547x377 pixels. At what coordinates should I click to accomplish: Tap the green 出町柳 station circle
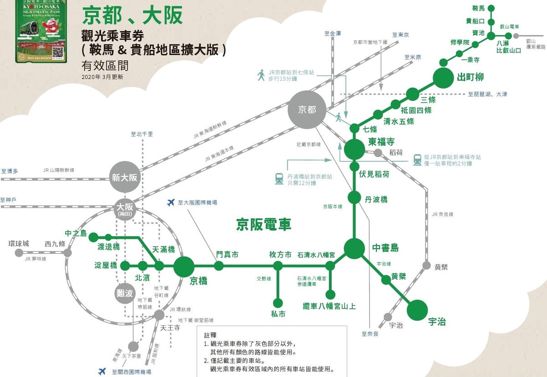point(445,78)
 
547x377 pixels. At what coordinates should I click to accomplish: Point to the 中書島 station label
point(385,248)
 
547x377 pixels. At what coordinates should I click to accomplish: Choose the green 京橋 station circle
point(184,266)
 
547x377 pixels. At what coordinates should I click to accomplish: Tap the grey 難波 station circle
point(125,294)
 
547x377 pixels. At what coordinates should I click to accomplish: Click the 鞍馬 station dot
point(491,9)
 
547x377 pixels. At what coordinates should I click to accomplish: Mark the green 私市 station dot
point(278,302)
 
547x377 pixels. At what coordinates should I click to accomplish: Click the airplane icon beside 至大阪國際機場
point(171,202)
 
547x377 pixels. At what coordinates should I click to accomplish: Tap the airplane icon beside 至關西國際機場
point(102,372)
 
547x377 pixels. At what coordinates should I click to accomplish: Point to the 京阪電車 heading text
point(263,224)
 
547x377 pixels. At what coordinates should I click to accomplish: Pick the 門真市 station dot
point(219,266)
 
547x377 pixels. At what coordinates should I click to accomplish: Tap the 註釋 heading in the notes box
point(211,335)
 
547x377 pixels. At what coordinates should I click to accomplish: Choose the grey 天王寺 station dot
point(159,315)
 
